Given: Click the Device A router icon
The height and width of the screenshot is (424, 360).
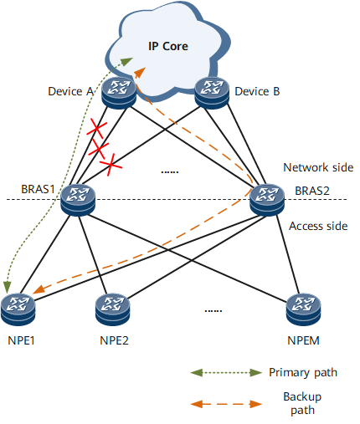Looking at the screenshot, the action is [x=119, y=93].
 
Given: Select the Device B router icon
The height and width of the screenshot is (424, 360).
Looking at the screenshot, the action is [x=212, y=93].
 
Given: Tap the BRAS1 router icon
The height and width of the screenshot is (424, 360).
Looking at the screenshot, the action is [x=78, y=200].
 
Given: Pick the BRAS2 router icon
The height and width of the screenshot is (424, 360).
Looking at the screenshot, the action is [x=267, y=200].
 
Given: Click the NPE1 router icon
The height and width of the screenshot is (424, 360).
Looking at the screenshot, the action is [x=18, y=309].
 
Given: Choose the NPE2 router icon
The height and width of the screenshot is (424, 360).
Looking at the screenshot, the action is [x=112, y=309].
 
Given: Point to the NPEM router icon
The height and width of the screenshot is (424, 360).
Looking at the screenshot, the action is [x=303, y=309].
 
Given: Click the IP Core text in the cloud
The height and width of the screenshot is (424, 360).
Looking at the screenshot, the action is [x=168, y=46].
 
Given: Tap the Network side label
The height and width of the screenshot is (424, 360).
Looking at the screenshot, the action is [x=318, y=167].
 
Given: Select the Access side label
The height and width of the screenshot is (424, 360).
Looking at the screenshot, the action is [x=318, y=226].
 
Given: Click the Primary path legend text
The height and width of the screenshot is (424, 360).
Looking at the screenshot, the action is [x=303, y=373].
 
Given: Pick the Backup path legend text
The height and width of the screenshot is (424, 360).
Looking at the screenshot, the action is [x=302, y=403].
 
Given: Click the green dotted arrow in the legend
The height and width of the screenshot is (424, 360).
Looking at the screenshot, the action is [x=226, y=373].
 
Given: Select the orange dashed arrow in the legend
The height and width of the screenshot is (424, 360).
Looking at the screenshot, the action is [x=226, y=404].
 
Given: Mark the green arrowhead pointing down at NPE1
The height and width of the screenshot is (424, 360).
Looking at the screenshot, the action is [x=7, y=288].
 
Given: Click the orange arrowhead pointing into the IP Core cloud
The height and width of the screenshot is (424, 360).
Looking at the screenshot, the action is [x=140, y=72].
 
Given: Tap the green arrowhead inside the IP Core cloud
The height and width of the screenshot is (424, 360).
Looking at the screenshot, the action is [x=127, y=61].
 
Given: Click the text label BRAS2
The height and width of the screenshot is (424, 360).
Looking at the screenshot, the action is [x=312, y=191].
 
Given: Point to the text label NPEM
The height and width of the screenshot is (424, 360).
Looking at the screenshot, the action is [x=303, y=340].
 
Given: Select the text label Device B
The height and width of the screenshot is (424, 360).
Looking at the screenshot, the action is [x=257, y=91].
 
